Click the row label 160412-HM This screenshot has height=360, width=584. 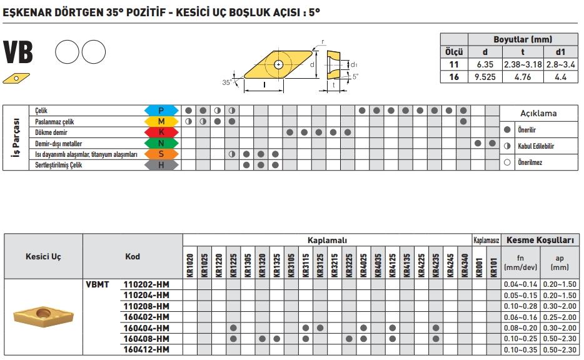coord(147,349)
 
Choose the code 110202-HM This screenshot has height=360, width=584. coord(147,284)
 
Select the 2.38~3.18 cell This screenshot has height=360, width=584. coord(523,64)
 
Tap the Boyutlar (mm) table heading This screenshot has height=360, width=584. coord(523,39)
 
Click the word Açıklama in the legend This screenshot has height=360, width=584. coord(538,113)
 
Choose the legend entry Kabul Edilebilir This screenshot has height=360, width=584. coord(536,146)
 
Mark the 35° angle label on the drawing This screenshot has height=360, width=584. coord(226,82)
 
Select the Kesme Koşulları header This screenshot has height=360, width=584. coord(539,239)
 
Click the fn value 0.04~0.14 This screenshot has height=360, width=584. coord(520,284)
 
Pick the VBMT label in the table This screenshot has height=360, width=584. coord(98,284)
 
